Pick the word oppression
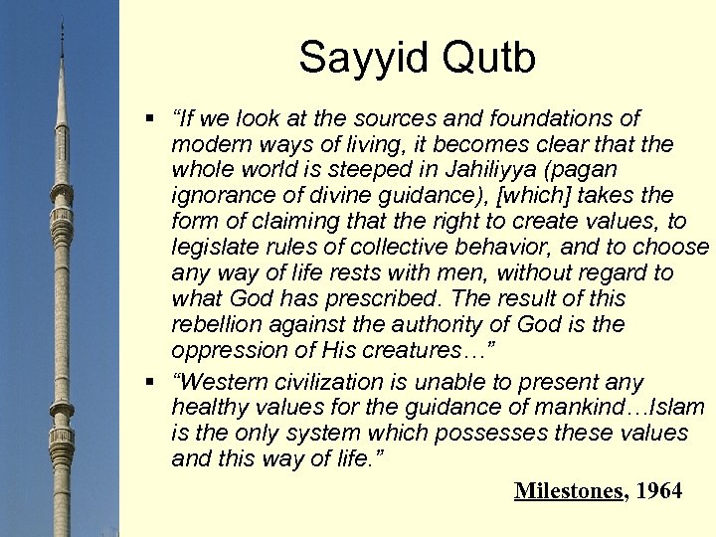point(223,350)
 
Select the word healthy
point(207,408)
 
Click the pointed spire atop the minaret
point(63,30)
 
